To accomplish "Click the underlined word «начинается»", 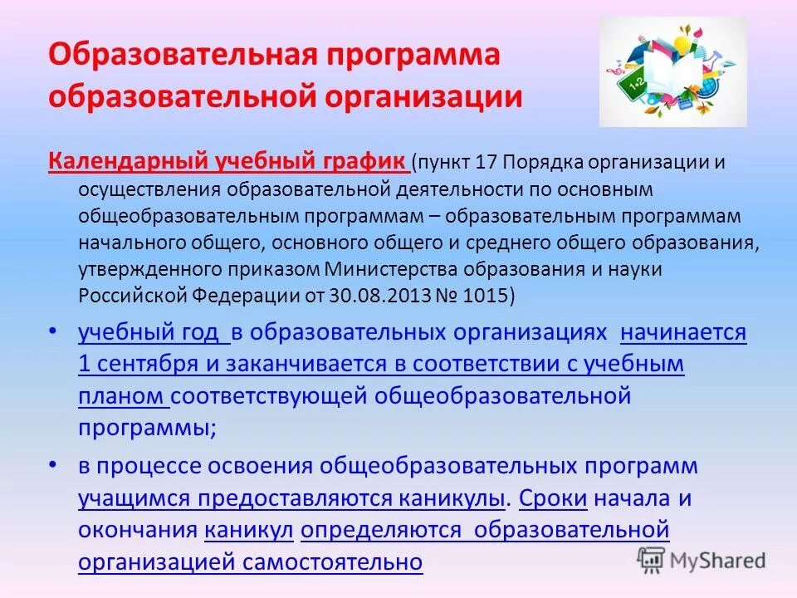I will (x=683, y=333).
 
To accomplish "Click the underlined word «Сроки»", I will (x=554, y=499).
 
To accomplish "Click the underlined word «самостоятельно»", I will (x=333, y=562).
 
